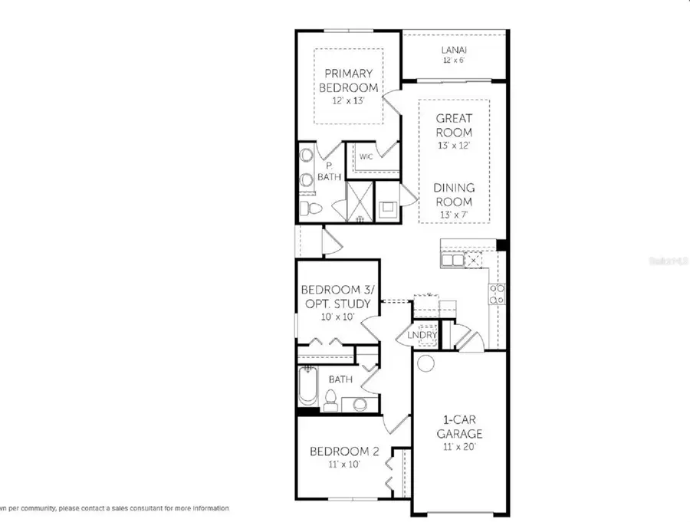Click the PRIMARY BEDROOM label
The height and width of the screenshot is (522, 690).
[350, 80]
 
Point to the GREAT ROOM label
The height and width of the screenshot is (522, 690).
[454, 126]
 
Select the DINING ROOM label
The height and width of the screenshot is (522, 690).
[454, 194]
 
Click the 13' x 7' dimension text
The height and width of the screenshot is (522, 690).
[454, 215]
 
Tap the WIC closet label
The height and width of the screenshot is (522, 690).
[366, 157]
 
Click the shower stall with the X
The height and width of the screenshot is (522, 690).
[358, 201]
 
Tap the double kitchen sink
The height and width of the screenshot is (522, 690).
[452, 261]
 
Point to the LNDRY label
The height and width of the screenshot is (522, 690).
[422, 335]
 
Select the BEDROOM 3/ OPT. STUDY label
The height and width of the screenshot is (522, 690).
[336, 297]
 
